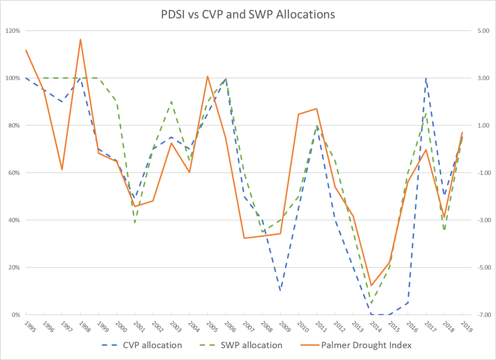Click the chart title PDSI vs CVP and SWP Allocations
pos(248,14)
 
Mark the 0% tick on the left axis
pos(16,315)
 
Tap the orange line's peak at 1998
pos(80,39)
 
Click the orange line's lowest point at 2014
pos(371,285)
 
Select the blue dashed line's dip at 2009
pos(280,291)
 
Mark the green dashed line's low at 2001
pos(135,223)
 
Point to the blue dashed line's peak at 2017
pos(426,79)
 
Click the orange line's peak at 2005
pos(207,76)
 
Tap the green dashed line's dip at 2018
pos(444,230)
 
